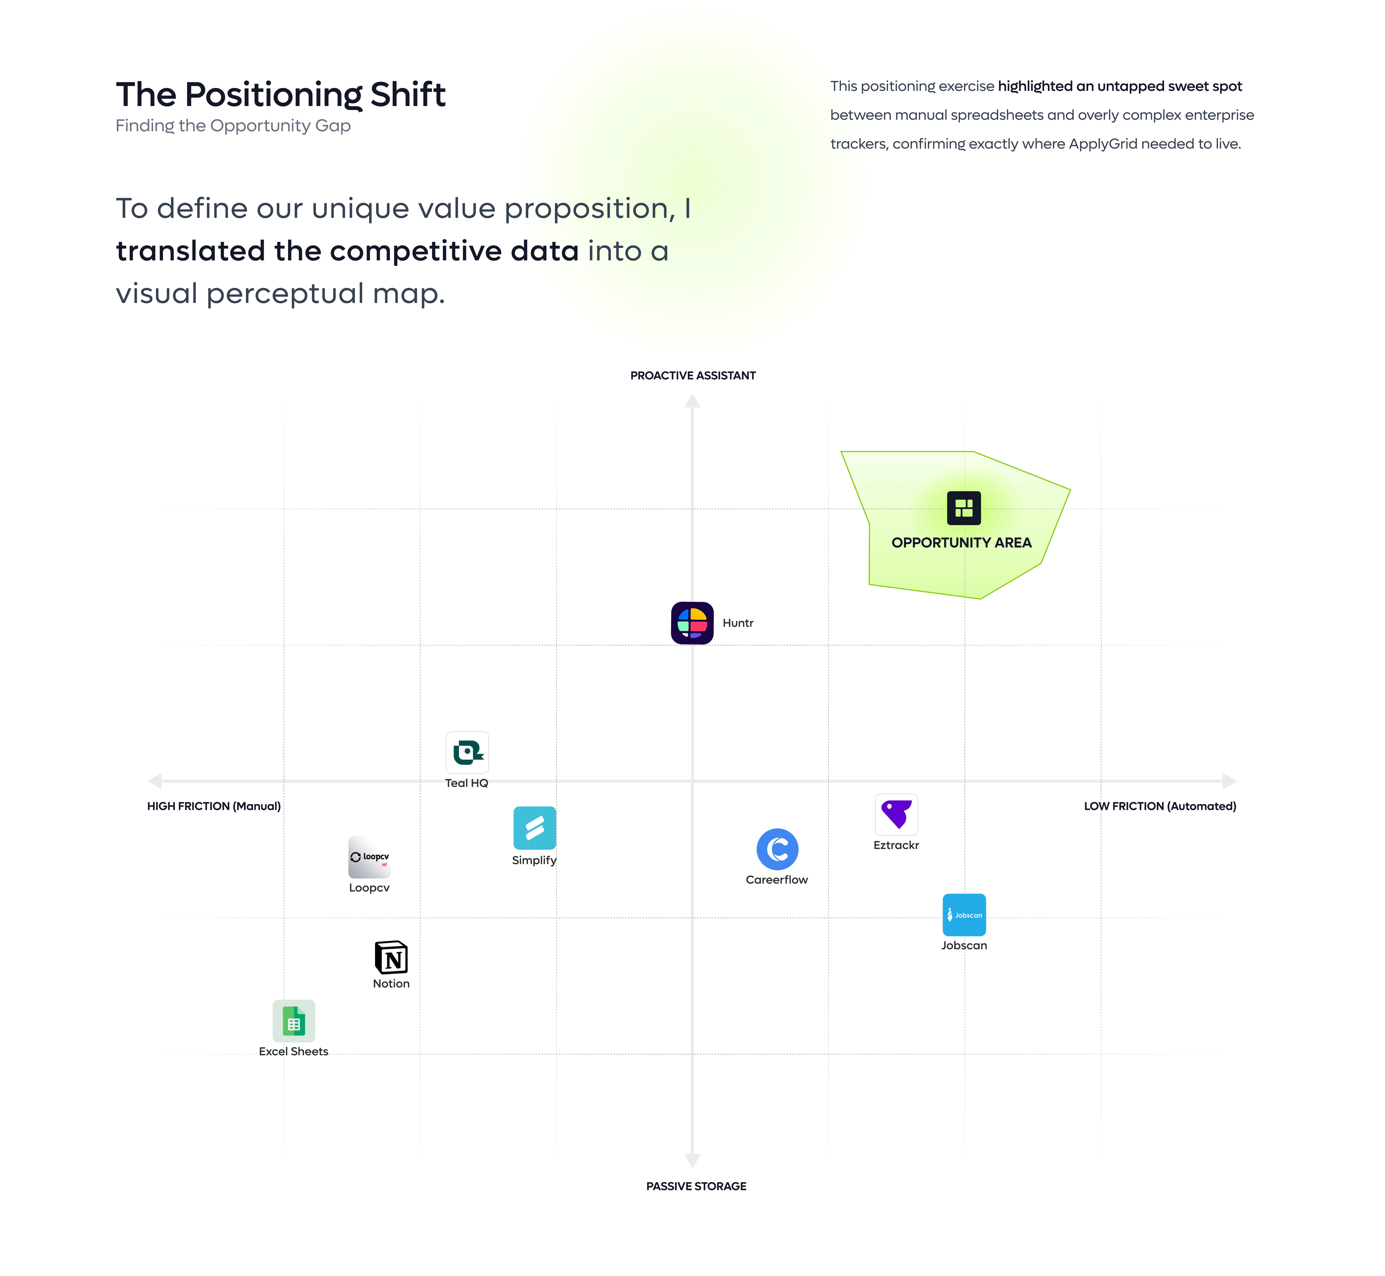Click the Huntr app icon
(692, 623)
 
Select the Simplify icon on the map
(534, 828)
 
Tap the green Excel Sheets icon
(293, 1020)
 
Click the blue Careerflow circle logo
(777, 849)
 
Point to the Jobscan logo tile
(964, 915)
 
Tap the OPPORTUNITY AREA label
(961, 543)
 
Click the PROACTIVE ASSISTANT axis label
(692, 376)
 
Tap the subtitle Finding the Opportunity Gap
(233, 126)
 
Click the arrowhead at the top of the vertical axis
(692, 401)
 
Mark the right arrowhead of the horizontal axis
(1230, 781)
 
